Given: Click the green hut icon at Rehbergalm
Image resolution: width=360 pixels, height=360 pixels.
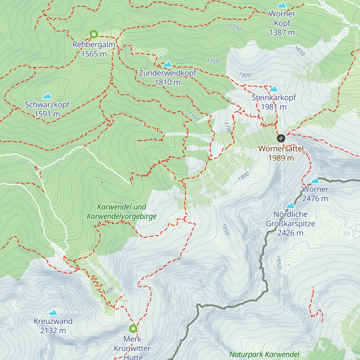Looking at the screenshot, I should tap(94, 34).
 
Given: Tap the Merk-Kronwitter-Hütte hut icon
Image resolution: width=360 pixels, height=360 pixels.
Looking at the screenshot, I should tap(133, 328).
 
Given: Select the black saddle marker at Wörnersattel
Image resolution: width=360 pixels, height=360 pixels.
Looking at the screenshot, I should tap(281, 138).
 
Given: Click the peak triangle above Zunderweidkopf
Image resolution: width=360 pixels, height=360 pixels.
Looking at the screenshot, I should tap(167, 64).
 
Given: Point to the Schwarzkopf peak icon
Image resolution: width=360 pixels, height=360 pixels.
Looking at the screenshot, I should tap(47, 96).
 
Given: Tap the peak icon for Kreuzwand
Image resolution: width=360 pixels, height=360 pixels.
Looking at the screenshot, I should tap(53, 313).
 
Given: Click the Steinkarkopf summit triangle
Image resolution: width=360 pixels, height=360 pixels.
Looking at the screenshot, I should tap(274, 89).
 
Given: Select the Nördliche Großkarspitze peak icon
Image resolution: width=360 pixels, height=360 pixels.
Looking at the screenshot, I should tap(290, 205).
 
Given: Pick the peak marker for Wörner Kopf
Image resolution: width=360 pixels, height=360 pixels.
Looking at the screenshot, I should tap(282, 5).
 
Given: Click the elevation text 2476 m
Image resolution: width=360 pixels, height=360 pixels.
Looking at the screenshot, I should tap(315, 199).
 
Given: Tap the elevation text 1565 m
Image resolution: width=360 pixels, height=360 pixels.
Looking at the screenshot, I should tap(94, 54).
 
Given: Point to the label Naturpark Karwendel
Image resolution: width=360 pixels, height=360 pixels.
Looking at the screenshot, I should tap(264, 355).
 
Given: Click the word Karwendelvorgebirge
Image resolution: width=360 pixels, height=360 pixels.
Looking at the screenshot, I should tap(121, 216).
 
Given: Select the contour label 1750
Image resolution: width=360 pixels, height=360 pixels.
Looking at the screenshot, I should tap(213, 61).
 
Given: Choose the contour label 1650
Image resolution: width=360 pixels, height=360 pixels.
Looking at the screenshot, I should tap(300, 51).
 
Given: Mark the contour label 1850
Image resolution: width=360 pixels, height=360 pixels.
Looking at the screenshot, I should tap(225, 229).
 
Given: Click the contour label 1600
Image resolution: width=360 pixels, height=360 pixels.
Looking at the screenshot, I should tap(109, 290).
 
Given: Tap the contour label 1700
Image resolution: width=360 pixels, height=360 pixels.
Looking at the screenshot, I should tap(228, 128).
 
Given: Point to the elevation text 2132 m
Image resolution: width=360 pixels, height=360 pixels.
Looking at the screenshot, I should tap(53, 331).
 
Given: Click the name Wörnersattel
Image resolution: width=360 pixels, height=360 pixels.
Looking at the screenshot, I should tap(281, 149).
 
